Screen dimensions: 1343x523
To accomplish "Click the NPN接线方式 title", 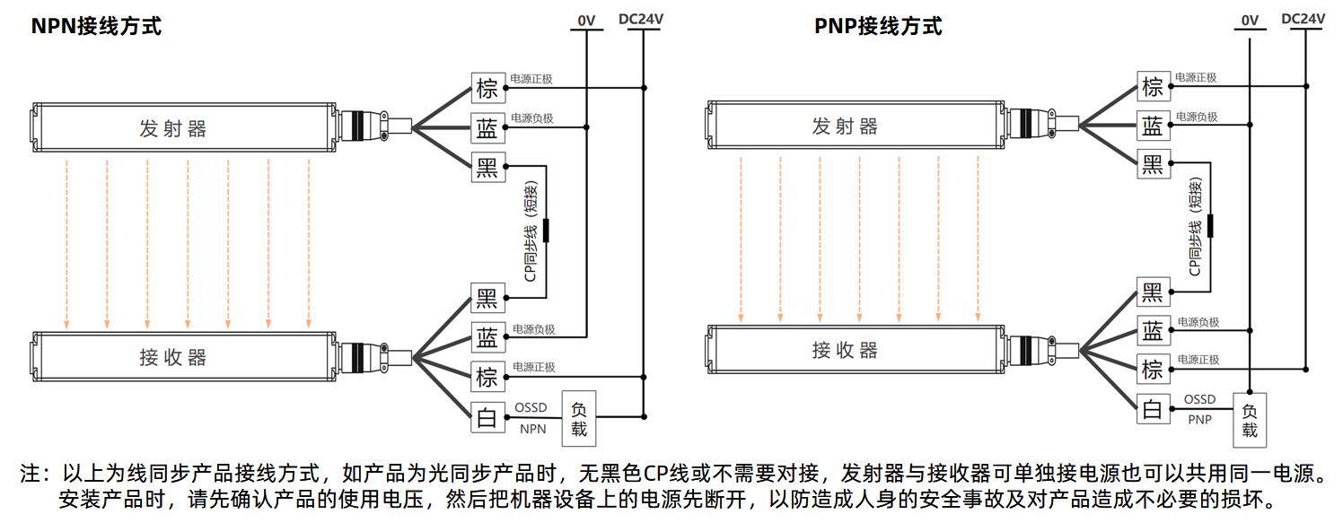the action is tap(96, 26).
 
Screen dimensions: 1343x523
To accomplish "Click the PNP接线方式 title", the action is tap(878, 26).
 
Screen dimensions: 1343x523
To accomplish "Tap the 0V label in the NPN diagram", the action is tap(586, 21).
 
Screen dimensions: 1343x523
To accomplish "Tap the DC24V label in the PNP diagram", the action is tap(1303, 19).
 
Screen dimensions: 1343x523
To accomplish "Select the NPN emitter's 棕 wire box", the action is tap(488, 88).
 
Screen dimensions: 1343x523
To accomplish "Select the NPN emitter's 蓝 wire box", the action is tap(488, 127).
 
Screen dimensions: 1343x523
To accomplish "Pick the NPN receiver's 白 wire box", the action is tap(488, 417).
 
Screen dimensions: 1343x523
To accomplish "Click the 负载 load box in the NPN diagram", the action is tap(578, 419).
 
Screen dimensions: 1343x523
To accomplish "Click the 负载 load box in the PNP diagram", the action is tap(1250, 420).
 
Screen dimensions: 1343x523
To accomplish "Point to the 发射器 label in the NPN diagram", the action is tap(172, 128).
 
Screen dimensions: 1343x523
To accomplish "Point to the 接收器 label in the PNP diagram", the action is tap(845, 350).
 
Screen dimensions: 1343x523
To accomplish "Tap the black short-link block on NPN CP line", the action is tap(546, 231).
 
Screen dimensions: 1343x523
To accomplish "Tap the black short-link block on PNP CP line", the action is tap(1210, 226).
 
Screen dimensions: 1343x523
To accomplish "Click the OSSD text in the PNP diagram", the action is tap(1199, 399).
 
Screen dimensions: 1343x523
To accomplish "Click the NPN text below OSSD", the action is tap(533, 429).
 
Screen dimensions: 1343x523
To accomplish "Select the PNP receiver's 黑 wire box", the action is tap(1154, 292).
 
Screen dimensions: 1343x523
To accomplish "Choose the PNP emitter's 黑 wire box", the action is tap(1154, 163).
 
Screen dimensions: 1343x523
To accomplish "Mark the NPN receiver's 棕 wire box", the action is tap(488, 377).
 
